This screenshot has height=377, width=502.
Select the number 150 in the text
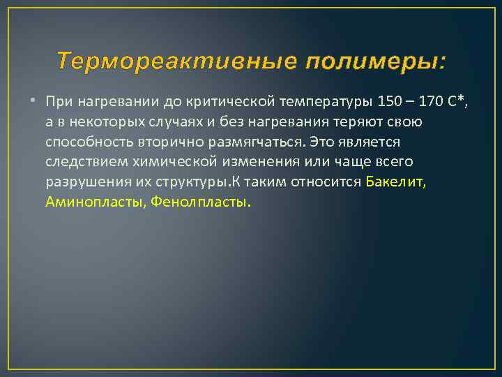tap(388, 102)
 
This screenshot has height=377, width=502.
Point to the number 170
tap(432, 102)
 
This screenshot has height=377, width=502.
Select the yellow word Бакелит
tap(395, 182)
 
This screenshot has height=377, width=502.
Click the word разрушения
tap(82, 182)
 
